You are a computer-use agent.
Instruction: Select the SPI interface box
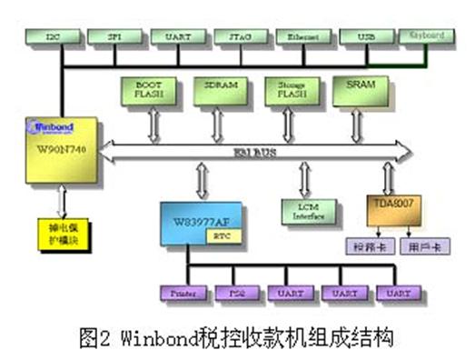point(113,38)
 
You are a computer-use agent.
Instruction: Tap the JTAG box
point(241,38)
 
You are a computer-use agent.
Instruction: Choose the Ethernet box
point(303,38)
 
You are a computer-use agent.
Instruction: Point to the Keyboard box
point(427,36)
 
